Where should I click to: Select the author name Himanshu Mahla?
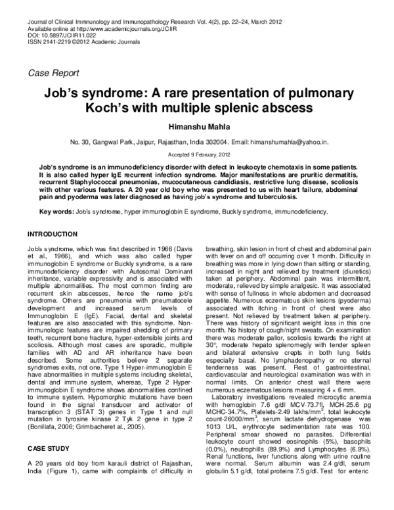(x=198, y=126)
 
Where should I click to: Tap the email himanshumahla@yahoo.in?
(x=286, y=141)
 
